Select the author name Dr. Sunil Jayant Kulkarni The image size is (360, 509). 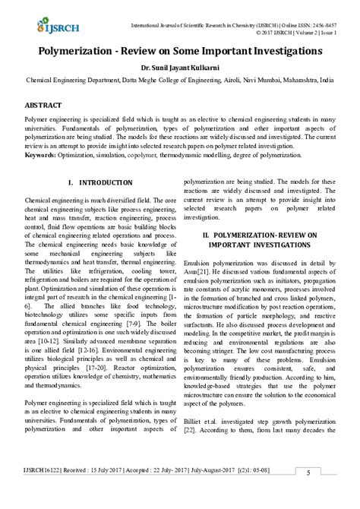[180, 67]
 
